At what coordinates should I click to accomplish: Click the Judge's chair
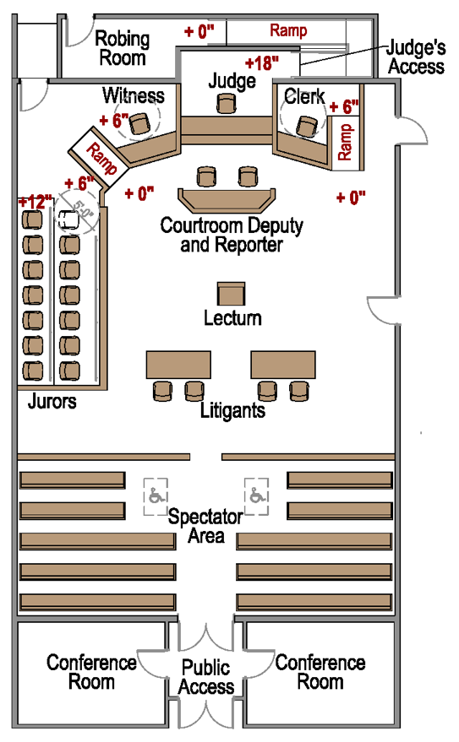[x=225, y=102]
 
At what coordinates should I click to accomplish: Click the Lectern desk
[x=231, y=294]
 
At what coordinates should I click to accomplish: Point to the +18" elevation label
[x=262, y=62]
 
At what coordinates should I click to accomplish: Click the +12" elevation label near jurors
[x=35, y=202]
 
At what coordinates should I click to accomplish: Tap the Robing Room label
[x=122, y=48]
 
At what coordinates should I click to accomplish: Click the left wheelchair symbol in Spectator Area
[x=156, y=494]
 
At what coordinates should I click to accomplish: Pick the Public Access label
[x=206, y=677]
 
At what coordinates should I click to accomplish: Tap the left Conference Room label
[x=91, y=671]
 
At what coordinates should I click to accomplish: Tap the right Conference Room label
[x=320, y=671]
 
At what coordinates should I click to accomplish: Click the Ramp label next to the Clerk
[x=345, y=141]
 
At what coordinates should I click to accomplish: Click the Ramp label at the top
[x=288, y=30]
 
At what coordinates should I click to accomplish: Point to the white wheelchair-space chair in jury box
[x=72, y=217]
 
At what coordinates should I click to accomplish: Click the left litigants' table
[x=178, y=365]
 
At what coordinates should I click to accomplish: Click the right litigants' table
[x=283, y=365]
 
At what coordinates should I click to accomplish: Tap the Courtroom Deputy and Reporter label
[x=232, y=236]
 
